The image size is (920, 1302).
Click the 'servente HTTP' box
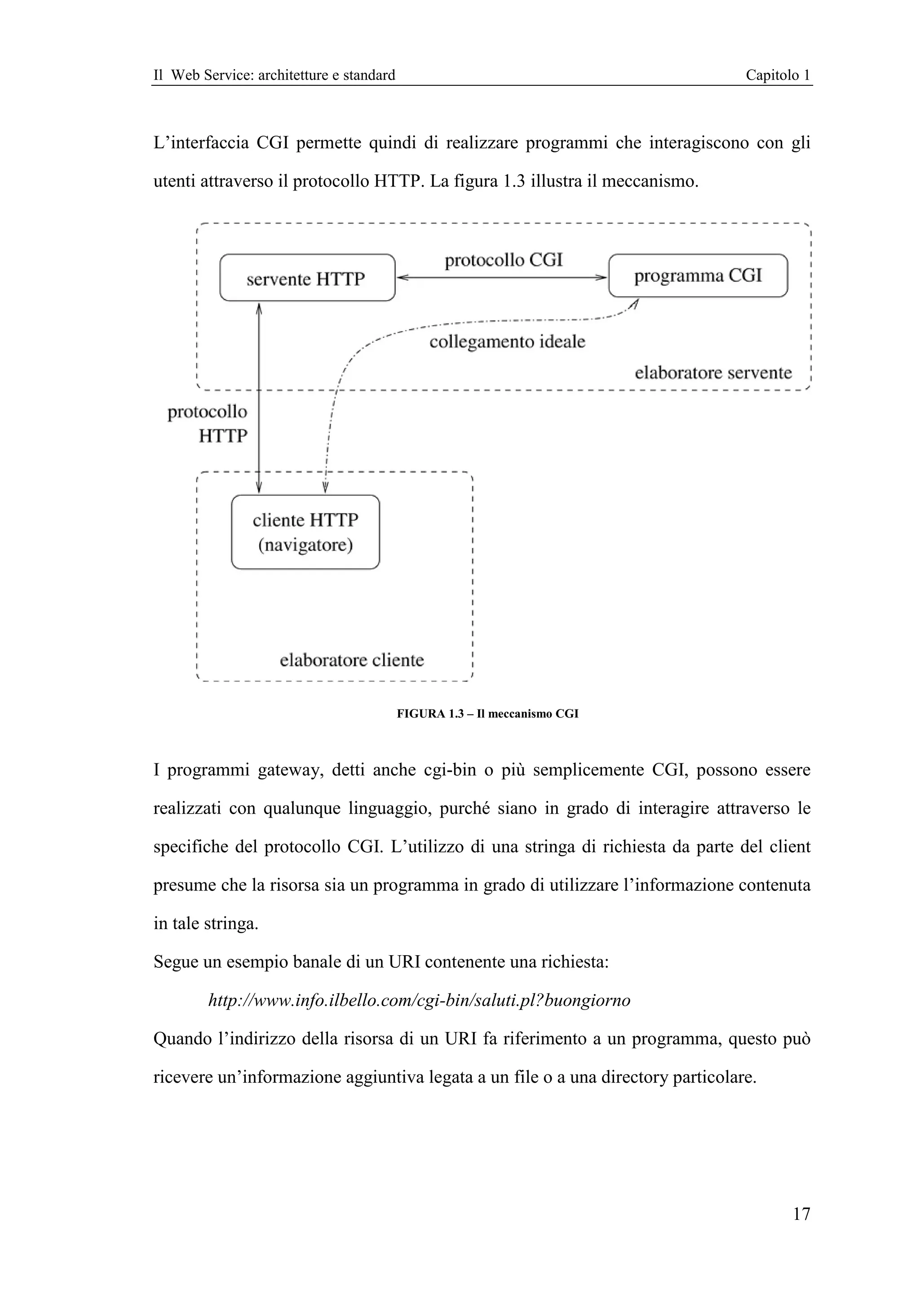(307, 278)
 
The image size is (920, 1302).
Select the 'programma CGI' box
(698, 275)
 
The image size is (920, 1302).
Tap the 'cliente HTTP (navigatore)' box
(305, 532)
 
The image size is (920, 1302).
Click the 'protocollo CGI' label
(504, 260)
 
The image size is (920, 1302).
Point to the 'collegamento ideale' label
(507, 342)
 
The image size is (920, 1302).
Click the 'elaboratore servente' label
(713, 372)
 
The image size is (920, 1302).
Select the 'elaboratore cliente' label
(351, 660)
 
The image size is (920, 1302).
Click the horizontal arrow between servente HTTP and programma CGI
(502, 277)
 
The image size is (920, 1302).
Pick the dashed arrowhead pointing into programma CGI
(634, 305)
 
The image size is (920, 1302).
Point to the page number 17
(801, 1214)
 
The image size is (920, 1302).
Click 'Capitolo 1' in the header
(777, 75)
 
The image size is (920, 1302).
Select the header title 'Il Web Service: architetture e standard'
(274, 75)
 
